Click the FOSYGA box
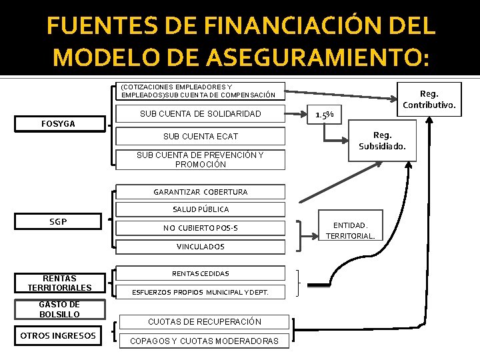pyautogui.click(x=58, y=123)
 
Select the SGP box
pyautogui.click(x=58, y=221)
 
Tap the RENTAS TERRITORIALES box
pyautogui.click(x=59, y=283)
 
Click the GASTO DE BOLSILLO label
pyautogui.click(x=59, y=309)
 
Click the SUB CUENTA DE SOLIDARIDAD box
pyautogui.click(x=200, y=114)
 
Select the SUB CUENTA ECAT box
pyautogui.click(x=200, y=137)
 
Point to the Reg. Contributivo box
pyautogui.click(x=429, y=99)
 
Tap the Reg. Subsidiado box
pyautogui.click(x=382, y=141)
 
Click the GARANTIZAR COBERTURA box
pyautogui.click(x=200, y=192)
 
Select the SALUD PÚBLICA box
pyautogui.click(x=200, y=209)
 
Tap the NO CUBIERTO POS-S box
pyautogui.click(x=200, y=228)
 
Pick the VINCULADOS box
pyautogui.click(x=200, y=247)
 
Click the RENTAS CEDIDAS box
pyautogui.click(x=200, y=273)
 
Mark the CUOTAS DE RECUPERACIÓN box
pyautogui.click(x=204, y=321)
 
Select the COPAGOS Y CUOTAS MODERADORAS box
pyautogui.click(x=204, y=341)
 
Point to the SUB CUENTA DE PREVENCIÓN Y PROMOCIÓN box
pyautogui.click(x=200, y=160)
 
